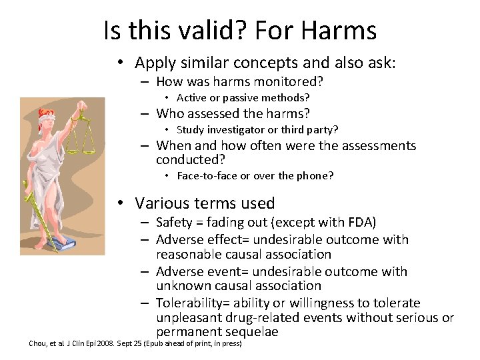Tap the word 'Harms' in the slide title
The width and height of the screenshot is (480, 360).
coord(338,30)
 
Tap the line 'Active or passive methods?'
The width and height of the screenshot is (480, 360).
coord(243,98)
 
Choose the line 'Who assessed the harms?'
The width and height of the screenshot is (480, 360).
coord(233,114)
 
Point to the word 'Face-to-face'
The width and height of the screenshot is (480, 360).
coord(203,176)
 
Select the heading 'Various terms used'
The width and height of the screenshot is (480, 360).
coord(205,203)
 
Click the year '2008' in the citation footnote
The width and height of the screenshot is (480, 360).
coord(106,344)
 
